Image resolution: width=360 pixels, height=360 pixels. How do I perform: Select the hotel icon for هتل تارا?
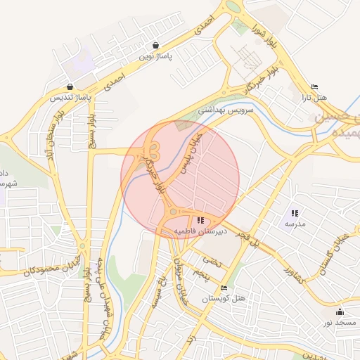pos(314,87)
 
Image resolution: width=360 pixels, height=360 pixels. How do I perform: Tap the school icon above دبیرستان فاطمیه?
pos(202,220)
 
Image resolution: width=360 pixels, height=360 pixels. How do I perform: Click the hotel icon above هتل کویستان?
pos(224,288)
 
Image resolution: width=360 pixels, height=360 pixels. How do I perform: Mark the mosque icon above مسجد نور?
pos(341,311)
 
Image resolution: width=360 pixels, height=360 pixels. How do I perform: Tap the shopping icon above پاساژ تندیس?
pos(69,86)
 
